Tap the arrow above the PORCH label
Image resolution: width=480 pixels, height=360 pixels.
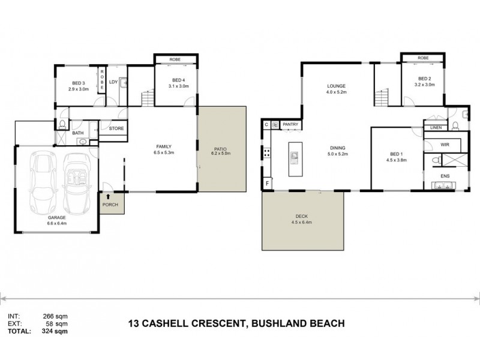109,196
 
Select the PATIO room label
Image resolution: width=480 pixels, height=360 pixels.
221,149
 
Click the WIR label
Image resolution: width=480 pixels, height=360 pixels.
445,145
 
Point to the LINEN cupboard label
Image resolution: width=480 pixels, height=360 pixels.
435,127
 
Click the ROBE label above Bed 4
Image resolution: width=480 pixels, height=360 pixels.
175,60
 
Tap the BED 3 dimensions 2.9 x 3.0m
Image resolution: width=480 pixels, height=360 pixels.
79,89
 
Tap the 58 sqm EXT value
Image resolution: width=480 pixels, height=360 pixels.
54,323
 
